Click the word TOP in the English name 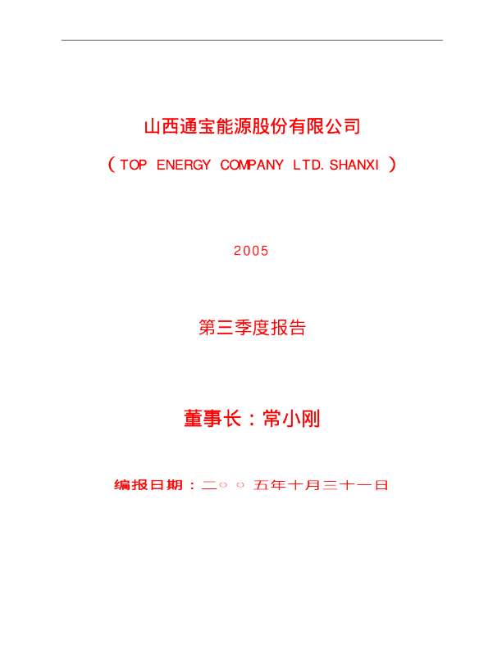(x=134, y=166)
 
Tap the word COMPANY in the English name (x=252, y=166)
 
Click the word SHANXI (x=354, y=166)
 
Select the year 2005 (x=251, y=252)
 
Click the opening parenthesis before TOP (x=111, y=166)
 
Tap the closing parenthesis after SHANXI (x=392, y=166)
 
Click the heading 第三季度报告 (x=252, y=329)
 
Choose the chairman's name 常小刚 (x=291, y=420)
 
